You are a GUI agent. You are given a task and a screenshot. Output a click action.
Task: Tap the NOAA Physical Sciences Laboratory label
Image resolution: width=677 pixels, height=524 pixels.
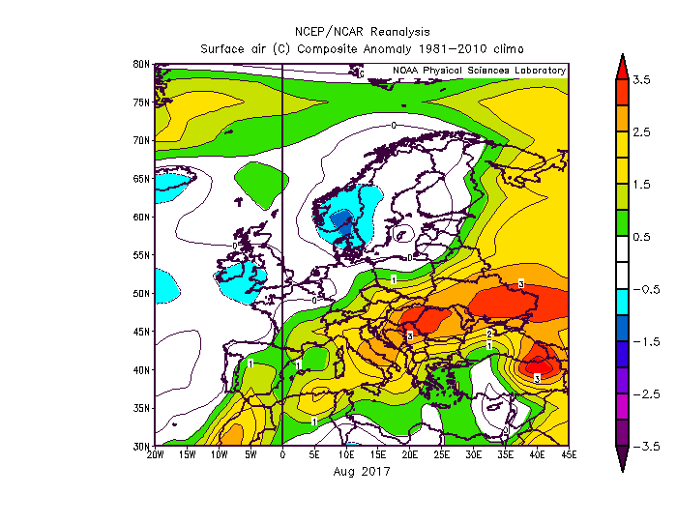coord(479,71)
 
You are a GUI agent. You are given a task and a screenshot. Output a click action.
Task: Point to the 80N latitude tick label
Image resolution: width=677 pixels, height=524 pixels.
coord(140,64)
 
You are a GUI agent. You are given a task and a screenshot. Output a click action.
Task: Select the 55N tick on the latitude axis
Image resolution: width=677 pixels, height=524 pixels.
coord(140,255)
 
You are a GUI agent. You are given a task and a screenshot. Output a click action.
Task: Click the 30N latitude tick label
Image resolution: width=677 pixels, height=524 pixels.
coord(140,447)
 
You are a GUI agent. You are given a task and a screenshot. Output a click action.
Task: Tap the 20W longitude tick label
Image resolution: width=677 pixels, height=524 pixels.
coord(155,454)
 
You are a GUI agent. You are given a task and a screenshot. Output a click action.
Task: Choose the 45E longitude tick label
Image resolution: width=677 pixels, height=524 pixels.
coord(569,454)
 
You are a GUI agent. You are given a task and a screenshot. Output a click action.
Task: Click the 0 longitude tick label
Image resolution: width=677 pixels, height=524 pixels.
coord(282,454)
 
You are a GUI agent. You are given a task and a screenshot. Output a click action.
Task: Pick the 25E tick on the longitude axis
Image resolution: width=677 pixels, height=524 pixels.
coord(441,454)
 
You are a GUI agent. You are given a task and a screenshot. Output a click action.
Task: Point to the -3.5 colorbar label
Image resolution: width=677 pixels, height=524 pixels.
coord(643,447)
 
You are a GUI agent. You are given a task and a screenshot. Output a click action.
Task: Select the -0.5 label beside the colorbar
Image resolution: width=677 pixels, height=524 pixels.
coord(643,289)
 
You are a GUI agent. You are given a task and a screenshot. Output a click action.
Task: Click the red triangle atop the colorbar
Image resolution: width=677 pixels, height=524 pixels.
coord(622,65)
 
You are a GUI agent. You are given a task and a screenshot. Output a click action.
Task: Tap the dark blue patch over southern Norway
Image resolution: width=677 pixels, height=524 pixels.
coord(341,221)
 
